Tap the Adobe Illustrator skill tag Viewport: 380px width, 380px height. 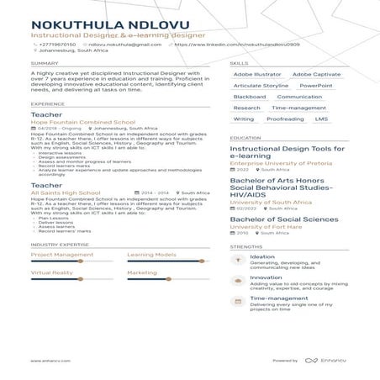(x=256, y=74)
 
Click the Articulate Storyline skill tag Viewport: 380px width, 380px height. (x=261, y=85)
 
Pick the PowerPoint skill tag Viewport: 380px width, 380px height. (x=314, y=85)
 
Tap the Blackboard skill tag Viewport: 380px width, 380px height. (x=249, y=97)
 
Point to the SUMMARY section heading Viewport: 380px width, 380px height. (x=45, y=63)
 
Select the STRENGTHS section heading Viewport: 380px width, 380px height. (x=245, y=246)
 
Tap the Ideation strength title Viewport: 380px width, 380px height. (x=262, y=256)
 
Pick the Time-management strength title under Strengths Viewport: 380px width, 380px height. (x=276, y=298)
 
